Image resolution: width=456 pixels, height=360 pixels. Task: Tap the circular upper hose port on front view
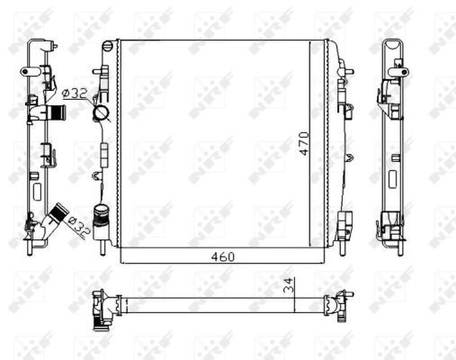(100, 113)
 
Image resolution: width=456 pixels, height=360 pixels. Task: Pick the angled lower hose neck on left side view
(59, 215)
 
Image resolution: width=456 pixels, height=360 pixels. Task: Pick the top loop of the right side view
(394, 48)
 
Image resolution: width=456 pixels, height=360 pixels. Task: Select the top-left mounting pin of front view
(107, 46)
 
